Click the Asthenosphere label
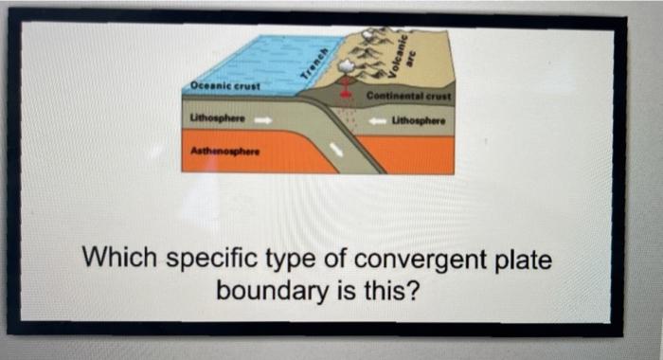(x=216, y=151)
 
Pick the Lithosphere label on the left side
(x=218, y=120)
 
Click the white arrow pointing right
(x=264, y=120)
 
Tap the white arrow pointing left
(x=377, y=121)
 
